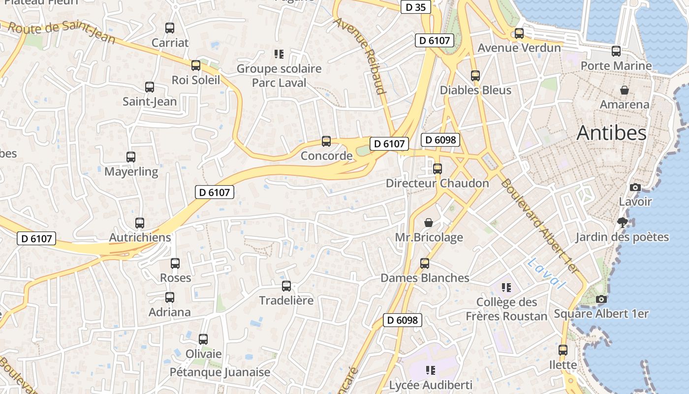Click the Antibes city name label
pyautogui.click(x=611, y=132)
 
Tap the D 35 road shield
pyautogui.click(x=416, y=7)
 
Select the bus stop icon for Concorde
pyautogui.click(x=326, y=141)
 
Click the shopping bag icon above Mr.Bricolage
pyautogui.click(x=429, y=223)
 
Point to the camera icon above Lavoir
pyautogui.click(x=635, y=187)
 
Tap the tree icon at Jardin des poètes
pyautogui.click(x=623, y=223)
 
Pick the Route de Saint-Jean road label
pyautogui.click(x=62, y=32)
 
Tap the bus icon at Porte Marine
pyautogui.click(x=616, y=51)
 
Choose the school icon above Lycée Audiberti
pyautogui.click(x=431, y=370)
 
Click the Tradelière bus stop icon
pyautogui.click(x=286, y=286)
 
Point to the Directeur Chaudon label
pyautogui.click(x=437, y=183)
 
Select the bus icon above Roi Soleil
pyautogui.click(x=196, y=66)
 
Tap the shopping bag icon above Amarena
pyautogui.click(x=625, y=90)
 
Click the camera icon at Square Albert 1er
pyautogui.click(x=601, y=299)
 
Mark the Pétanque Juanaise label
pyautogui.click(x=220, y=372)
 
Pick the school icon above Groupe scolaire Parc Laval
pyautogui.click(x=279, y=54)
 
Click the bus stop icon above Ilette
pyautogui.click(x=563, y=350)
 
